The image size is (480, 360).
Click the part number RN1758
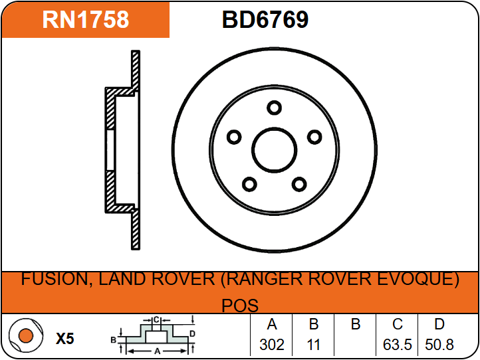click(x=86, y=19)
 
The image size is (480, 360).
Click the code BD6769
click(x=265, y=19)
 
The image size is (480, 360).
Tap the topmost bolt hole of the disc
click(x=274, y=108)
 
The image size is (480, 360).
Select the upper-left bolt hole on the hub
click(x=234, y=137)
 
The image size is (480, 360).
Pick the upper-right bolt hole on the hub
click(x=314, y=137)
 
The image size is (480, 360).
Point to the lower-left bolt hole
click(x=249, y=184)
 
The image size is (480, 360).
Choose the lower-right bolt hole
click(x=299, y=184)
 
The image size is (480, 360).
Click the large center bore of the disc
click(x=274, y=150)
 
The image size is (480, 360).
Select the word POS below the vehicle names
click(x=240, y=305)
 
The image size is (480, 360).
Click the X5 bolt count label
click(x=65, y=339)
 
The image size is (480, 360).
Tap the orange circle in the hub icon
click(x=26, y=335)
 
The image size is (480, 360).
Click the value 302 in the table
click(x=272, y=345)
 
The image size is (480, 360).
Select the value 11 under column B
click(x=314, y=345)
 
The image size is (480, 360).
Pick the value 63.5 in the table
click(x=397, y=345)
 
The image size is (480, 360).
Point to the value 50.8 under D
click(x=439, y=345)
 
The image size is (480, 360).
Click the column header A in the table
click(x=272, y=324)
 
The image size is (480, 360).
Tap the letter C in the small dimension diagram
click(x=156, y=320)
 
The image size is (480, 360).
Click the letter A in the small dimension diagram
click(x=158, y=351)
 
